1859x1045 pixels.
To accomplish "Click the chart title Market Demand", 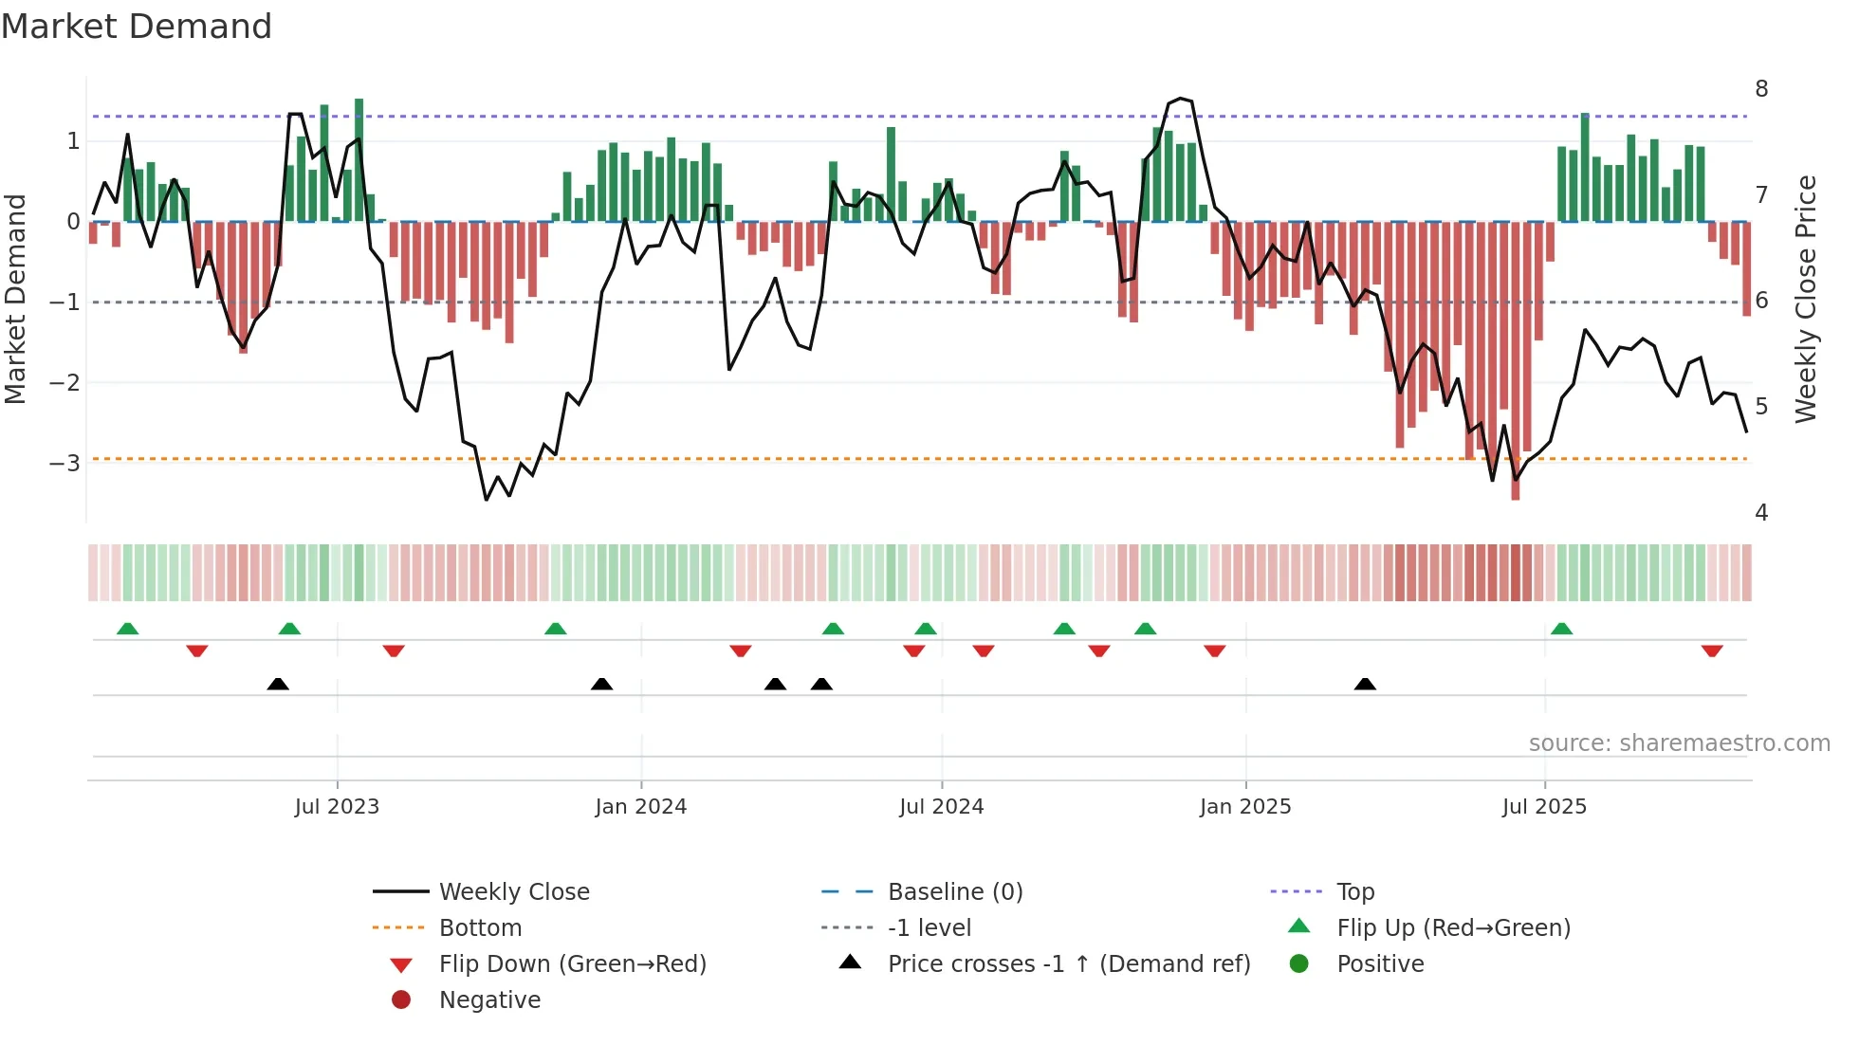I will pos(137,27).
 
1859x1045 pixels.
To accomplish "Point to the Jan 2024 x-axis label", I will pos(640,807).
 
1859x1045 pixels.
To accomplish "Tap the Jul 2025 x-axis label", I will pos(1544,807).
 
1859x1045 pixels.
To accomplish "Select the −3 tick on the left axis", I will pos(64,464).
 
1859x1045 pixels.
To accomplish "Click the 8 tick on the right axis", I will pos(1761,89).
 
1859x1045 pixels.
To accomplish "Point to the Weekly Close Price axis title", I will pos(1806,299).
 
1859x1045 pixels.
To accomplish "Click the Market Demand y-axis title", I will pos(15,299).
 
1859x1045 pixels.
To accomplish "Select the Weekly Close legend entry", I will pos(513,892).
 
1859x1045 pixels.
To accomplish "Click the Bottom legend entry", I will pos(480,928).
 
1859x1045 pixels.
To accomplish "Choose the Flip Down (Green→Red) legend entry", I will pos(572,964).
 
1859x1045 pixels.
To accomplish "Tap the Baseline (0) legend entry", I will pos(954,892).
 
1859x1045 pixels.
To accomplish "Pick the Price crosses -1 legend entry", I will pos(1068,964).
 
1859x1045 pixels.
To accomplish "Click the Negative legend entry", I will pos(489,1000).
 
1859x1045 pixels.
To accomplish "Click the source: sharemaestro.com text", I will pos(1679,743).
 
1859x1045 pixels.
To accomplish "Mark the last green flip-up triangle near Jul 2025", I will pos(1561,629).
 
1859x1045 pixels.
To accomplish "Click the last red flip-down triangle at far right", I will pos(1712,651).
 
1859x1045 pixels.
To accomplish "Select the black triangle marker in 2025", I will pos(1365,684).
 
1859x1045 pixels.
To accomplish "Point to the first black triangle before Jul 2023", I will pos(278,684).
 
